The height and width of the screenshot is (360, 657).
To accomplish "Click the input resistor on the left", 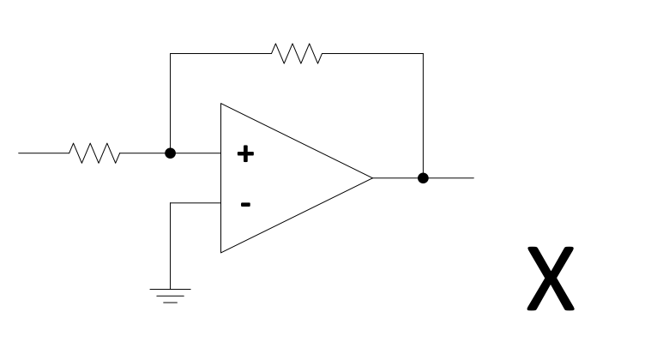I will point(95,153).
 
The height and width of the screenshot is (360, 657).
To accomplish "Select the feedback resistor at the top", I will point(297,53).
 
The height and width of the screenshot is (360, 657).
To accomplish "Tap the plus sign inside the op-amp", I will point(245,154).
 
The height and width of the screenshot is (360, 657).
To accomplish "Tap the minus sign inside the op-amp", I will point(245,204).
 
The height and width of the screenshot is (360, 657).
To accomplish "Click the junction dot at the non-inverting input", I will point(171,153).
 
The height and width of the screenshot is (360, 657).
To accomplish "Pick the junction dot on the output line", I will point(423,178).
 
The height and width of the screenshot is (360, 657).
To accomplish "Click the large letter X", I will point(549,279).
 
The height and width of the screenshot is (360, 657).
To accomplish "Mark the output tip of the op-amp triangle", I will point(372,178).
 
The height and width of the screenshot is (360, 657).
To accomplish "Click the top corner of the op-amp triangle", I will point(221,105).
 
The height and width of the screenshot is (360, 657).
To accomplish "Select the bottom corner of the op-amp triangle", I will point(221,253).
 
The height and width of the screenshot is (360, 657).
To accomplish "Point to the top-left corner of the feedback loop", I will point(171,53).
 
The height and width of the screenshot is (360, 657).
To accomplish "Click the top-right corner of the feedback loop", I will point(423,53).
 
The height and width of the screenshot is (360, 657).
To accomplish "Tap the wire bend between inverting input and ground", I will point(171,203).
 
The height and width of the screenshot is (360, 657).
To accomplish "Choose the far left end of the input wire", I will point(20,153).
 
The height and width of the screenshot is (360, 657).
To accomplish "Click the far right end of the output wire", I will point(472,178).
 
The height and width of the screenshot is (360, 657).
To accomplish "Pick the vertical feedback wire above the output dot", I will point(423,116).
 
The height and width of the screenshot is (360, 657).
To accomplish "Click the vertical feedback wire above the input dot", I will point(171,103).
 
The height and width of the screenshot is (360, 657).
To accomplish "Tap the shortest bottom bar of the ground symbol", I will point(171,303).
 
